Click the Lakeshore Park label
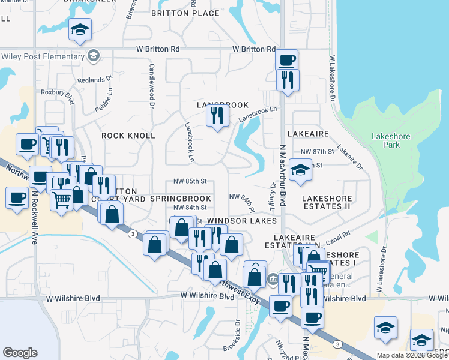click(x=391, y=140)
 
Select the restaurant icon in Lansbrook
click(x=217, y=115)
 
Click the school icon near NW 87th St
click(x=300, y=170)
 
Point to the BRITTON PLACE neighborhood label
click(x=185, y=13)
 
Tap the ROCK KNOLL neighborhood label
click(x=128, y=136)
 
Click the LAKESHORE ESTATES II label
click(x=326, y=202)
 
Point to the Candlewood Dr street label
click(x=152, y=86)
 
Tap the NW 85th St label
click(x=190, y=181)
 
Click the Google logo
click(x=20, y=353)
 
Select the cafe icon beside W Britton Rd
click(x=286, y=60)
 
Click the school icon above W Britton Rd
click(x=80, y=30)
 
